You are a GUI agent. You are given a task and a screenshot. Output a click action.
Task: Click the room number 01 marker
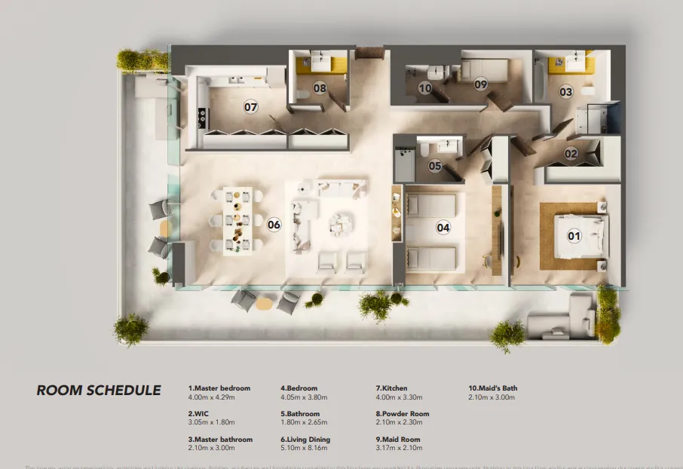coord(574,236)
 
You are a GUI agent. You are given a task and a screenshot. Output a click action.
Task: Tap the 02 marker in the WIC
coord(571,154)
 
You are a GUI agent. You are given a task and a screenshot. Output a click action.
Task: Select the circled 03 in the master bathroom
coord(565,92)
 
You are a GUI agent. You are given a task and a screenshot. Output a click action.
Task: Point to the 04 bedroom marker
coord(443,226)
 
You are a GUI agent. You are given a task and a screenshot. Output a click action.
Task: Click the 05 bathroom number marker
coord(435,166)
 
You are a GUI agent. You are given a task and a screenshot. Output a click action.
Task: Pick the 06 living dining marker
coord(274,224)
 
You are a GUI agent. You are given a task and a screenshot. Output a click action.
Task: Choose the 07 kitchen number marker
coord(250,107)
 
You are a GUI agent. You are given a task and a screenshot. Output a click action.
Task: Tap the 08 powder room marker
coord(320,89)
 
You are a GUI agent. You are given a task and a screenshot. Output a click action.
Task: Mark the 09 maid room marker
coord(481,85)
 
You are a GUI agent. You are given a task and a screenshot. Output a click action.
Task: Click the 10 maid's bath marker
coord(425,88)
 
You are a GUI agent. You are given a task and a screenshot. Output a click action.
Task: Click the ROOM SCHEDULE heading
coord(99,391)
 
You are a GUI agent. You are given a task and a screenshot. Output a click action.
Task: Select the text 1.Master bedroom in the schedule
coord(219,388)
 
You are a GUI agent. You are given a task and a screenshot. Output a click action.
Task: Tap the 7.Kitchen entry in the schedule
coord(389,388)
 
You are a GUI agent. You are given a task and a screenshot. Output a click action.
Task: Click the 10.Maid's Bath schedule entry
coord(493,388)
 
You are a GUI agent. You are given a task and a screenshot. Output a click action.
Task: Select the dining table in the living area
coord(237,220)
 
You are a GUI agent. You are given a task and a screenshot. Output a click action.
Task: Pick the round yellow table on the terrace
coord(263,303)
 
